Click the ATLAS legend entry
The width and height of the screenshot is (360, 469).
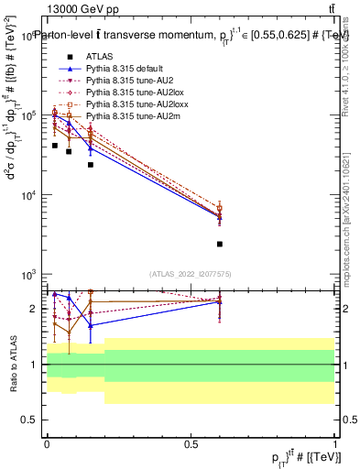click(x=99, y=56)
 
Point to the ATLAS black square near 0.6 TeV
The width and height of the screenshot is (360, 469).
click(x=220, y=244)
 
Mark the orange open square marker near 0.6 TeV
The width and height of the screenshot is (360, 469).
click(x=220, y=208)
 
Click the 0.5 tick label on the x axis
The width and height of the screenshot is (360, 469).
click(x=191, y=442)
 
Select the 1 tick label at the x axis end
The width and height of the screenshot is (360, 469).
click(x=334, y=442)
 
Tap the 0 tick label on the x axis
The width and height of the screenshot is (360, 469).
click(x=47, y=442)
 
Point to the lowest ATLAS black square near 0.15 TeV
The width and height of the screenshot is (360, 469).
click(x=90, y=165)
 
